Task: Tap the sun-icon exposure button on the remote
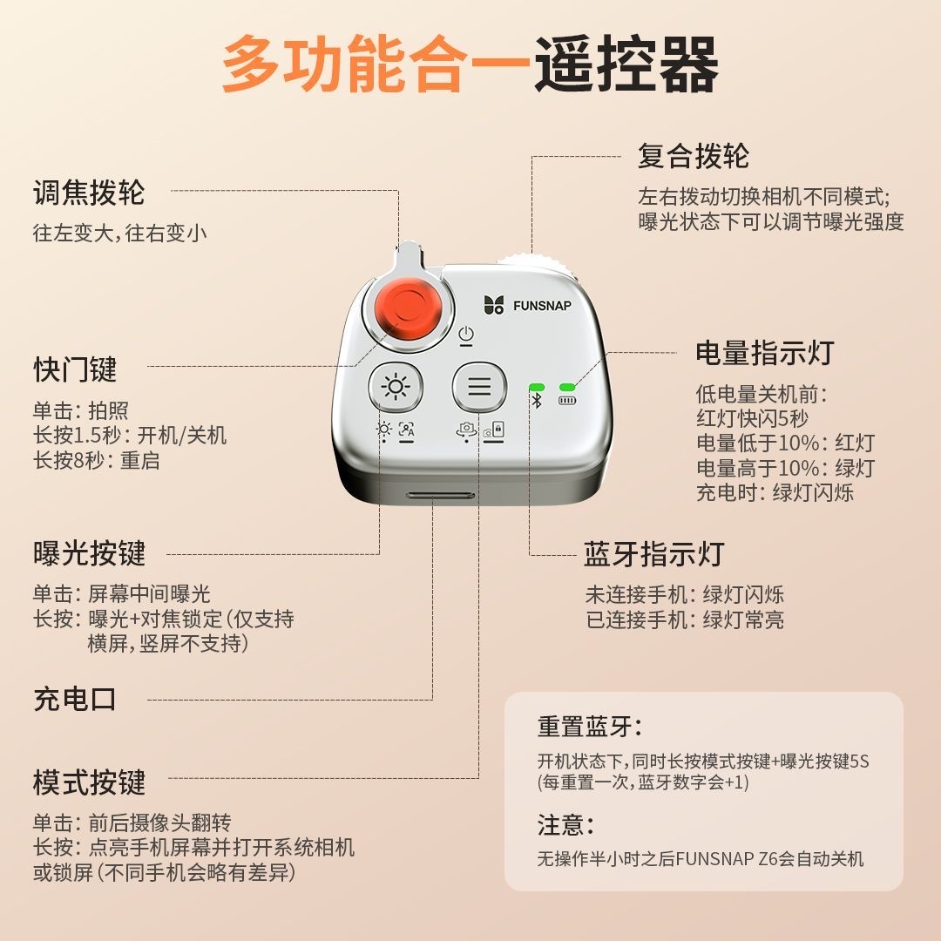396,387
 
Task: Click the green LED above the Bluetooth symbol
537,386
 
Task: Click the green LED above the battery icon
568,386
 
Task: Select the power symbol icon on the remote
466,335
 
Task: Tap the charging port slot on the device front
440,495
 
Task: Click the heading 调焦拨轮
89,193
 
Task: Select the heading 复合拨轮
694,157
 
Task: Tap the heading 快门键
75,370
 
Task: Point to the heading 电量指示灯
764,353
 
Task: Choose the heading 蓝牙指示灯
653,554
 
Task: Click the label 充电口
75,699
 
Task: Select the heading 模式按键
89,782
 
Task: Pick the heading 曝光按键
89,554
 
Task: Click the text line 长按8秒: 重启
97,461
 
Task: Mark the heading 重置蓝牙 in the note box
589,727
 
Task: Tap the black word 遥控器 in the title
626,65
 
